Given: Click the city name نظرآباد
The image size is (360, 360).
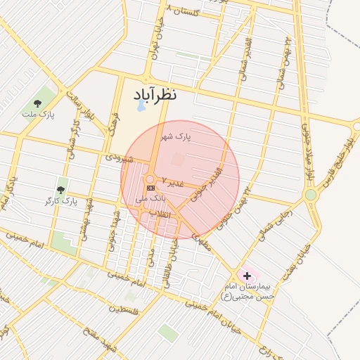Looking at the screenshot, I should click(x=150, y=94).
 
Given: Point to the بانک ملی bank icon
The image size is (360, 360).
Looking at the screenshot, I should click(x=150, y=188).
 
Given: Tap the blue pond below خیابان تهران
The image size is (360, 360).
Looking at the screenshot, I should click(x=140, y=107).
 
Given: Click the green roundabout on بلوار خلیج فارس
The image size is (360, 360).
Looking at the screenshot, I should click(x=310, y=194).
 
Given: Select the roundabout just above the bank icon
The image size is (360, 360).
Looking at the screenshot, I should click(x=150, y=179).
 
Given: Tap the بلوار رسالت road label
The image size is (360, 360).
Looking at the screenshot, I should click(x=79, y=102).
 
